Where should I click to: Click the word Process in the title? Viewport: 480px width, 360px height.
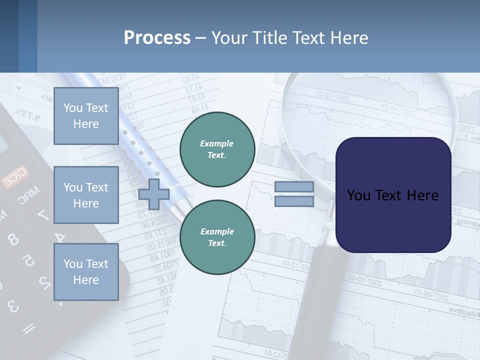pyautogui.click(x=157, y=37)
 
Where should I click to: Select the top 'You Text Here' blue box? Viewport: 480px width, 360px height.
pyautogui.click(x=86, y=116)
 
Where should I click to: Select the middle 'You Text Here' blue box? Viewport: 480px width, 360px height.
pyautogui.click(x=86, y=195)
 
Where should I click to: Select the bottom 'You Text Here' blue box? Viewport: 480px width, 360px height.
pyautogui.click(x=86, y=271)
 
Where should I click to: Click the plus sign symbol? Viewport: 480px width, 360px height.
pyautogui.click(x=153, y=194)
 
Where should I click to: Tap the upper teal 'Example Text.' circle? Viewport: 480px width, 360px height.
pyautogui.click(x=217, y=149)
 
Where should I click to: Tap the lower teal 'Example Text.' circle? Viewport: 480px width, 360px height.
pyautogui.click(x=217, y=237)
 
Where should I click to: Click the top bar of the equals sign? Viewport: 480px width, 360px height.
pyautogui.click(x=294, y=186)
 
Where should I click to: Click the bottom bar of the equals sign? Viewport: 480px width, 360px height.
pyautogui.click(x=294, y=201)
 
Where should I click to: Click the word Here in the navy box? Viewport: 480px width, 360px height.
pyautogui.click(x=423, y=195)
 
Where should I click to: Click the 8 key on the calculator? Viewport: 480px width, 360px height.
pyautogui.click(x=13, y=240)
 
